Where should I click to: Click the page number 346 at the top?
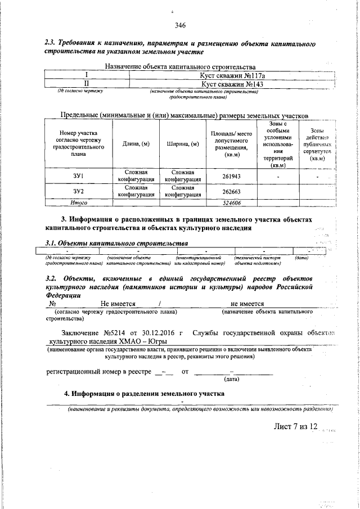click(x=180, y=25)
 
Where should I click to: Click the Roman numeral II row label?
click(x=87, y=84)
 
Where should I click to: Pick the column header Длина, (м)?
click(x=136, y=144)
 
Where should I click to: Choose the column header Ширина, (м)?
click(x=183, y=144)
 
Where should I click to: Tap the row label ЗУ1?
click(x=78, y=177)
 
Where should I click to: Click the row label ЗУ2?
click(x=78, y=191)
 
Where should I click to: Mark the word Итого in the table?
click(x=78, y=202)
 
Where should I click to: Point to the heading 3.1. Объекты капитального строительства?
click(x=116, y=243)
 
